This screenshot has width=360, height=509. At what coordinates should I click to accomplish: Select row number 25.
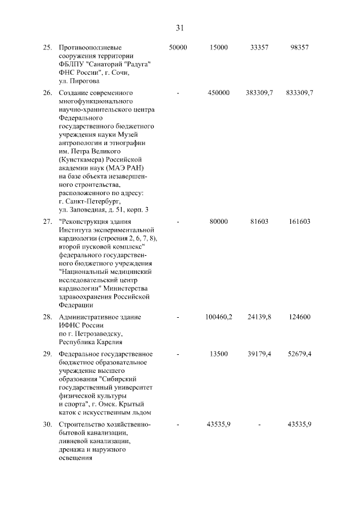click(x=47, y=48)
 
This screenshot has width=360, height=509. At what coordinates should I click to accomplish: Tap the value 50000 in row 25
click(x=178, y=48)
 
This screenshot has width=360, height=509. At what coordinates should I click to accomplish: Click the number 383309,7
click(x=259, y=92)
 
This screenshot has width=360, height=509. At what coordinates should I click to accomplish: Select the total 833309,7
click(x=299, y=92)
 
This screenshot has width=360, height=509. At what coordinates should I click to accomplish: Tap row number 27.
click(x=47, y=222)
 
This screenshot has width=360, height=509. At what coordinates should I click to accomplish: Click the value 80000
click(x=219, y=222)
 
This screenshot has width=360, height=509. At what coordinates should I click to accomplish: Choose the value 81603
click(x=259, y=222)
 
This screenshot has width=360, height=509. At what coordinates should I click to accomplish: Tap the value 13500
click(x=219, y=354)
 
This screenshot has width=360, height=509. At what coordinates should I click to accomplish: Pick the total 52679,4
click(x=299, y=354)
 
